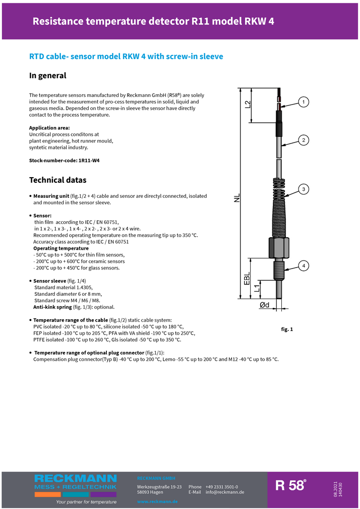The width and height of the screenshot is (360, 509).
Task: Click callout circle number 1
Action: (x=304, y=102)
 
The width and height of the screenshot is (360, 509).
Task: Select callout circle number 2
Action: (x=304, y=140)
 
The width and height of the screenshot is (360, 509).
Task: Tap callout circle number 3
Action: (x=304, y=189)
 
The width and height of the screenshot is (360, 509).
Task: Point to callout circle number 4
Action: (x=304, y=266)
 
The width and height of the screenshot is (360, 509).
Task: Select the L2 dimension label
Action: (x=247, y=105)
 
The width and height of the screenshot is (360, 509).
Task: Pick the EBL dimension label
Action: (x=247, y=278)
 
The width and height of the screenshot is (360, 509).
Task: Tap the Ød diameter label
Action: (x=264, y=305)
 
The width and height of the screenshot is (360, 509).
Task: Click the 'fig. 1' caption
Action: (x=287, y=329)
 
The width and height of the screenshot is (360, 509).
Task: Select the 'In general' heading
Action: (x=48, y=75)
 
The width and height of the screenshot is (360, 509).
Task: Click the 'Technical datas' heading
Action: (x=58, y=180)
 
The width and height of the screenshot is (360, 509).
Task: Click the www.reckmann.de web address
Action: (x=157, y=502)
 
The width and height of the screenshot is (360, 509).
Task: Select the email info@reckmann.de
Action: (x=225, y=492)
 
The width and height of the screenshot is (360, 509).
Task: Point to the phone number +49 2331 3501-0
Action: (x=222, y=487)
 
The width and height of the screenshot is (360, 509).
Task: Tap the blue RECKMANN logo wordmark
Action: (x=75, y=479)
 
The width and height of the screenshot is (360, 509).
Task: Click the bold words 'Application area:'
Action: (x=50, y=128)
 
